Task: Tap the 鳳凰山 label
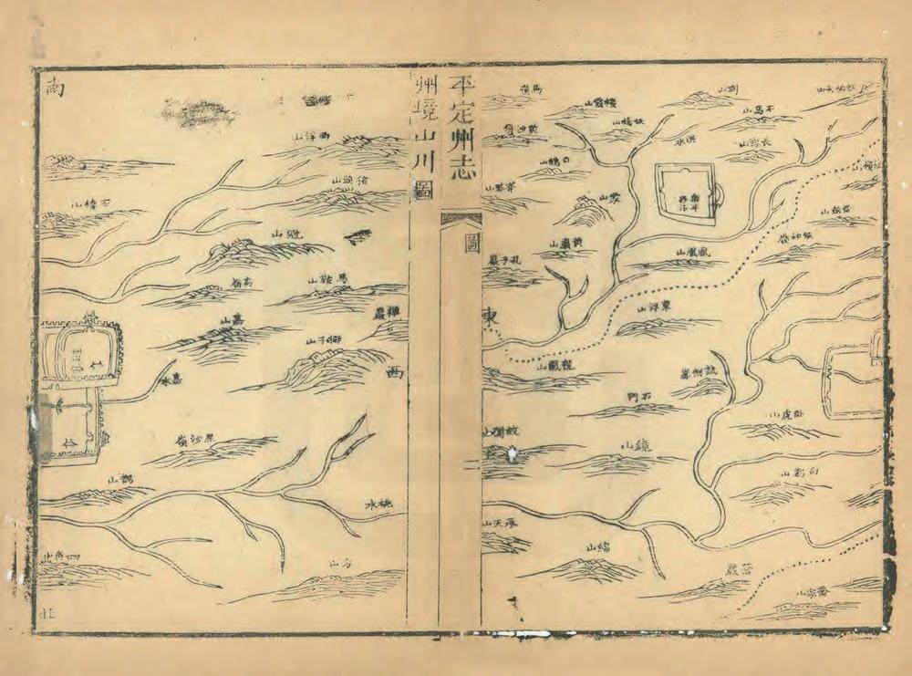692,251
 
